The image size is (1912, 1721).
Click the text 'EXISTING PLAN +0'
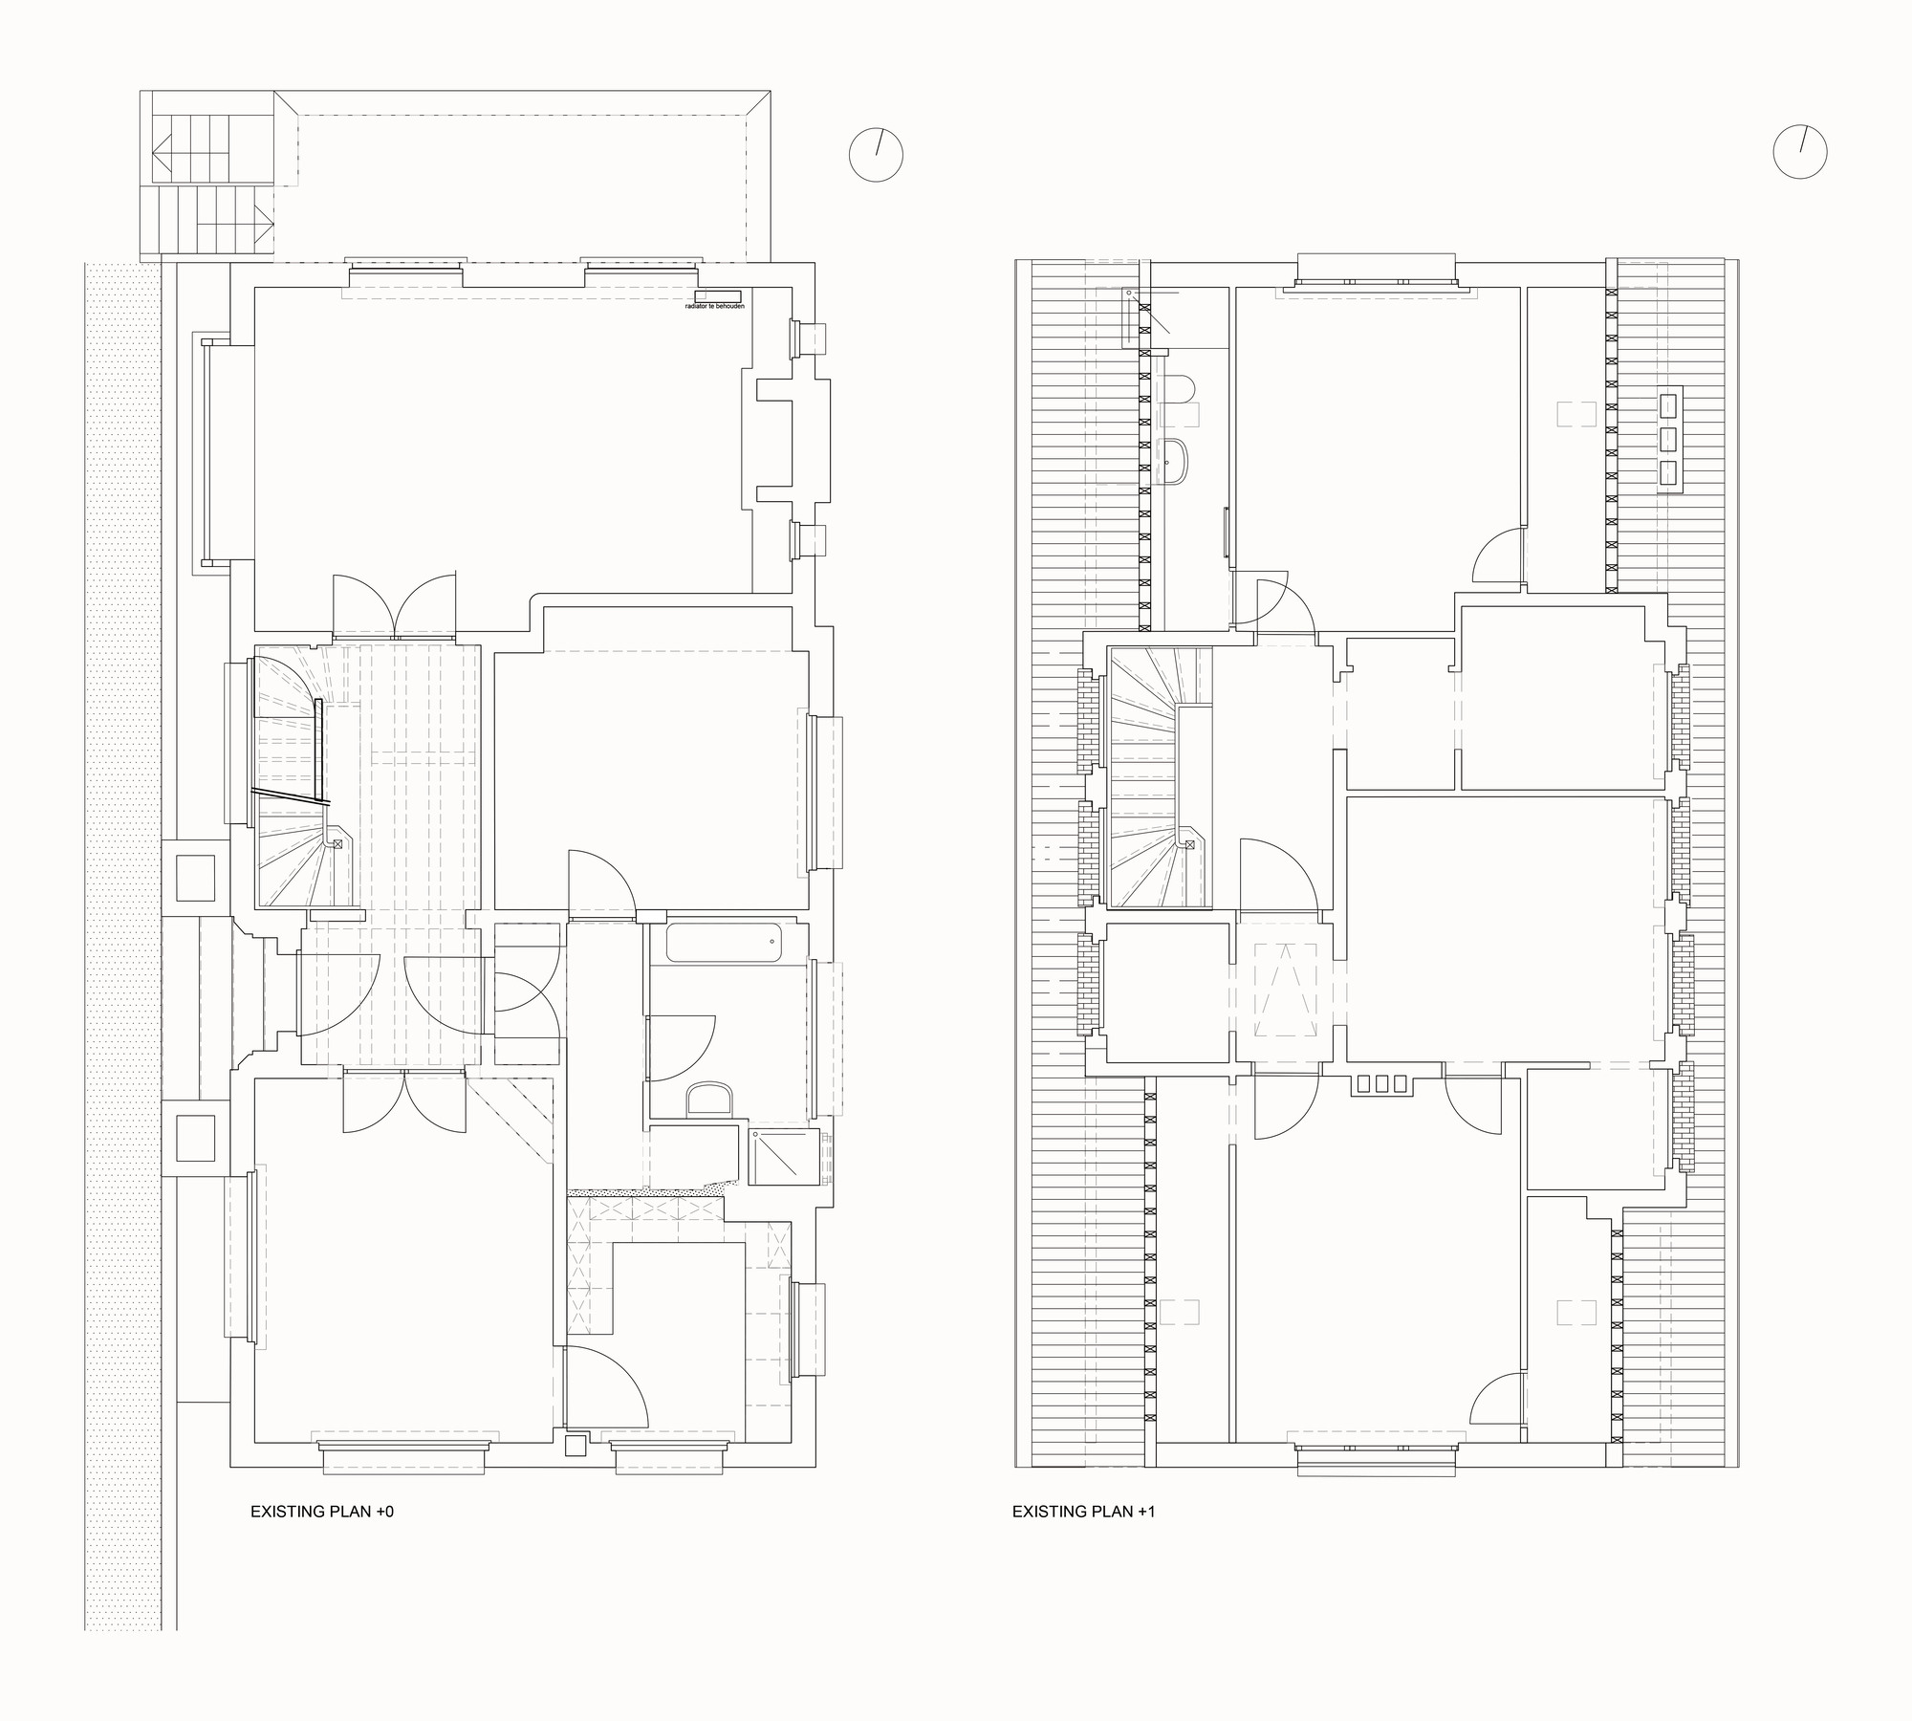pos(321,1512)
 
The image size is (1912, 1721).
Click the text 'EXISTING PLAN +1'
pos(1083,1512)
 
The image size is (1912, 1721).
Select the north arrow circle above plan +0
pos(876,155)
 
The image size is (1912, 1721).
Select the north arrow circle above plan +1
pos(1799,152)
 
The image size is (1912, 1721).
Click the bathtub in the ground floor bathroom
pos(724,942)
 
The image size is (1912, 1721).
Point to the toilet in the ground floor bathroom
pos(709,1100)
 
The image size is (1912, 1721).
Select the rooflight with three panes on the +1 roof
pos(1669,440)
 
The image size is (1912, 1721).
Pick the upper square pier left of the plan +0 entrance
pos(196,878)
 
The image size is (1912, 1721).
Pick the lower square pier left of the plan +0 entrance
pos(196,1138)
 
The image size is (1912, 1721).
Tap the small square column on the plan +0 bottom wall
pos(575,1446)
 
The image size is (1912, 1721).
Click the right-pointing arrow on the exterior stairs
pos(262,225)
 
